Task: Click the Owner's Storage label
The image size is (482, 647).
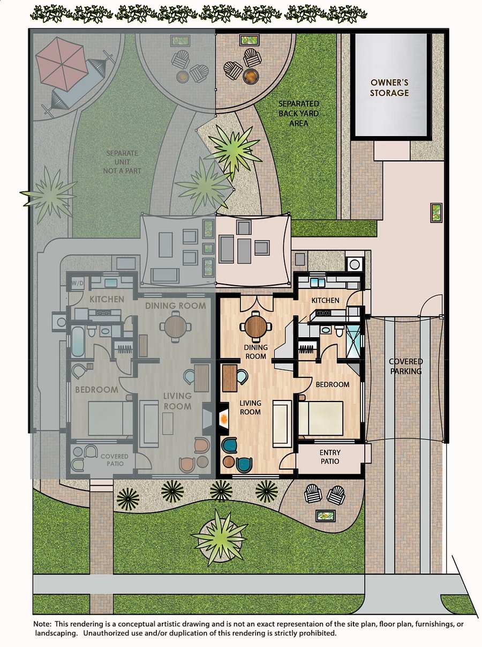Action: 389,87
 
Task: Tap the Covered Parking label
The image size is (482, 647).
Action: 406,366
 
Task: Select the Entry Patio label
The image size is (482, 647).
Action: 330,457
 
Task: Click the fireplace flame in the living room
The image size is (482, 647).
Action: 224,418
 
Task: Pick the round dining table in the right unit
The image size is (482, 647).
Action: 256,326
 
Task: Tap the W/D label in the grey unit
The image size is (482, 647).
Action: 77,284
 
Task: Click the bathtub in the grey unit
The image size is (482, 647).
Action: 78,341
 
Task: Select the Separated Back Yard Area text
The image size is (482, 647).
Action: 299,114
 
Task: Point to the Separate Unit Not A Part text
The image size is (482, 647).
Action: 122,162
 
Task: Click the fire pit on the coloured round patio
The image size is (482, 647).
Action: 251,77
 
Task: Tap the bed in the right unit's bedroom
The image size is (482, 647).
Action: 321,418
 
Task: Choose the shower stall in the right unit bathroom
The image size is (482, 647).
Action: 353,341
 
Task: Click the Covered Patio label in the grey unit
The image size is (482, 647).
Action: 115,460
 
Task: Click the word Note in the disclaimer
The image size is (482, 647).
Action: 43,624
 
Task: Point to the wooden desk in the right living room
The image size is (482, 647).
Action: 230,378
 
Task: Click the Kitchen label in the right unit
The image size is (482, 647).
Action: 326,300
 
